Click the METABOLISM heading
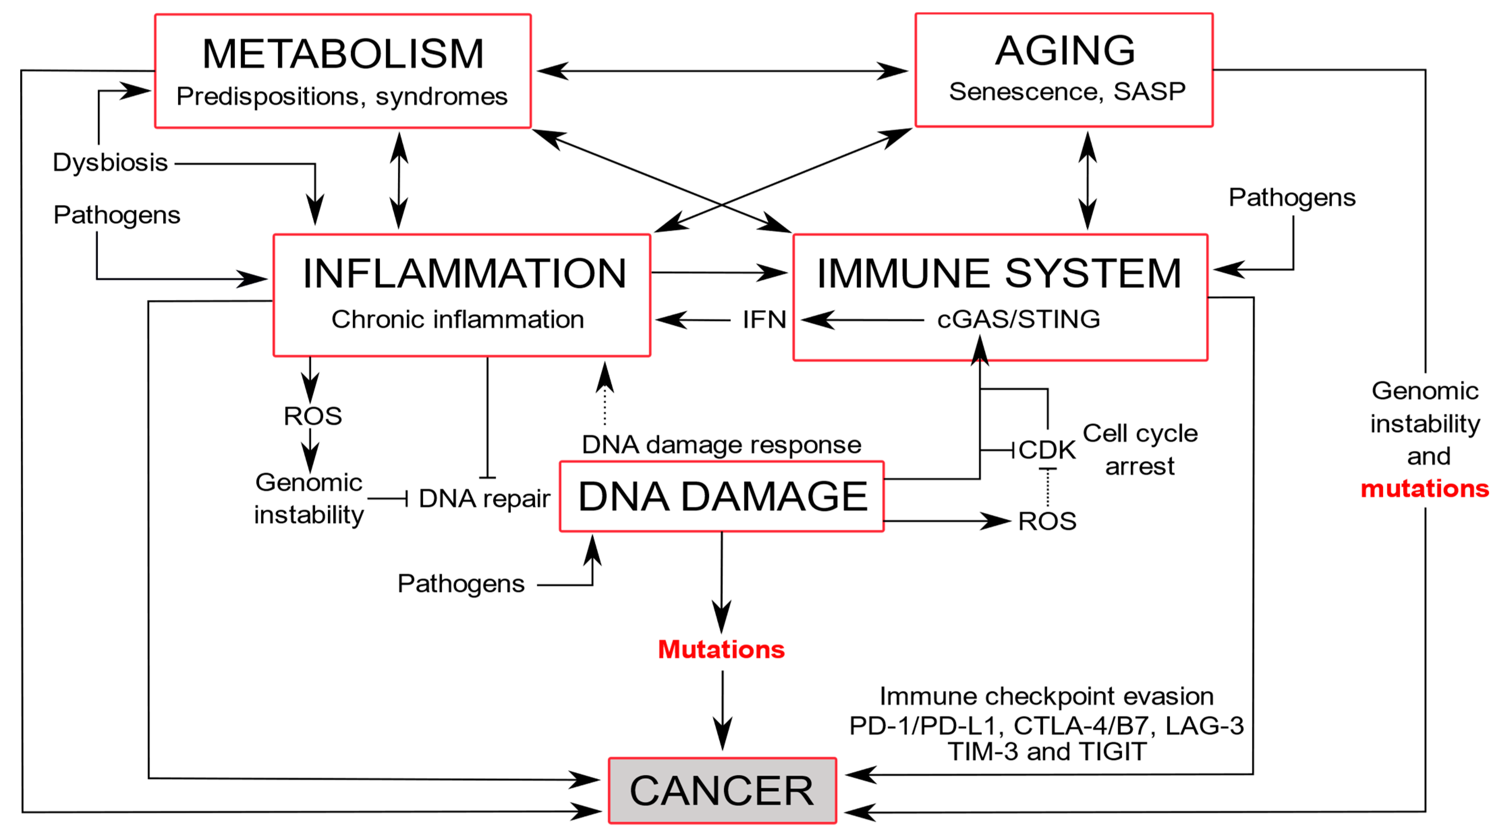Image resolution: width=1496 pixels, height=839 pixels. [343, 54]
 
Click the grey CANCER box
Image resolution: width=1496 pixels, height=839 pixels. [722, 791]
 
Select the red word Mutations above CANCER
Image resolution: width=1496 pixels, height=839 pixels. [721, 649]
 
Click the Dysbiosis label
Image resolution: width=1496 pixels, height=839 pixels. [110, 163]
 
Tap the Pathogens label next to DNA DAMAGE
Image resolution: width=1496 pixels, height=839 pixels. [460, 583]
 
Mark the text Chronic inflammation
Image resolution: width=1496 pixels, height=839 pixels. [458, 319]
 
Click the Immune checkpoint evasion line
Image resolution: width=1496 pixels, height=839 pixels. [1046, 696]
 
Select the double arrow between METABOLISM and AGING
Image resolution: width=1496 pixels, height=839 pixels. [722, 71]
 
